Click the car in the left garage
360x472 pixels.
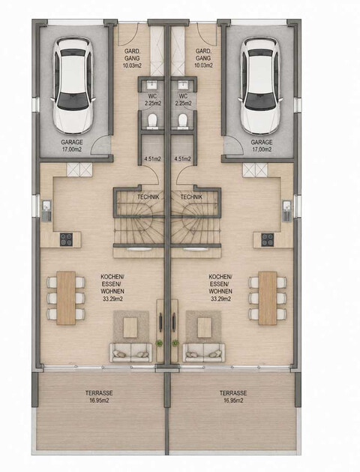click(73, 86)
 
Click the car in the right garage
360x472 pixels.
click(260, 86)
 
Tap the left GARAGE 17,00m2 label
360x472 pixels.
click(72, 146)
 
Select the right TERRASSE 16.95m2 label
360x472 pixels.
click(233, 396)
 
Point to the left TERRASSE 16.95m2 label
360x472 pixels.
click(99, 396)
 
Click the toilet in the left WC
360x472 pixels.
click(153, 121)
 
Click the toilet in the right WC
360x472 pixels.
click(182, 121)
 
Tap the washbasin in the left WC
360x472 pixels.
click(153, 86)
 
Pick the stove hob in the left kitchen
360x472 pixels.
click(66, 239)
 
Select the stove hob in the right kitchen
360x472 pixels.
click(268, 239)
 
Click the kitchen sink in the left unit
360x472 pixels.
click(46, 211)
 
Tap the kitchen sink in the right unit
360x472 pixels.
click(287, 211)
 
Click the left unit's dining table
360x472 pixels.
click(66, 298)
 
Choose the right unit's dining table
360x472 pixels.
click(267, 298)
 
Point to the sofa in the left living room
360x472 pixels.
click(130, 352)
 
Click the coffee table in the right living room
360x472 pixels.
click(204, 328)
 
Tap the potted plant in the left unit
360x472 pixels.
click(159, 343)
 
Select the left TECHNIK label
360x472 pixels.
click(148, 197)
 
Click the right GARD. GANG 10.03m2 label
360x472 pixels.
click(203, 58)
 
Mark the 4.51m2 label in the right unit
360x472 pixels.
click(182, 159)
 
